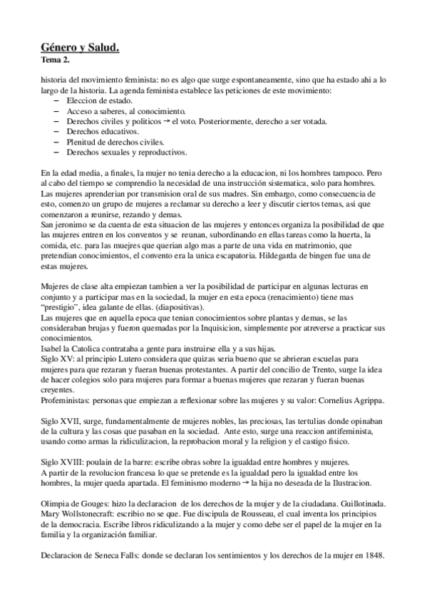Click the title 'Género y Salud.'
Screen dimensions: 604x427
pos(80,48)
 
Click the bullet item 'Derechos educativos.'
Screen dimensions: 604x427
pos(99,132)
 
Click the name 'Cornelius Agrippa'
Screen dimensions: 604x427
pos(353,401)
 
